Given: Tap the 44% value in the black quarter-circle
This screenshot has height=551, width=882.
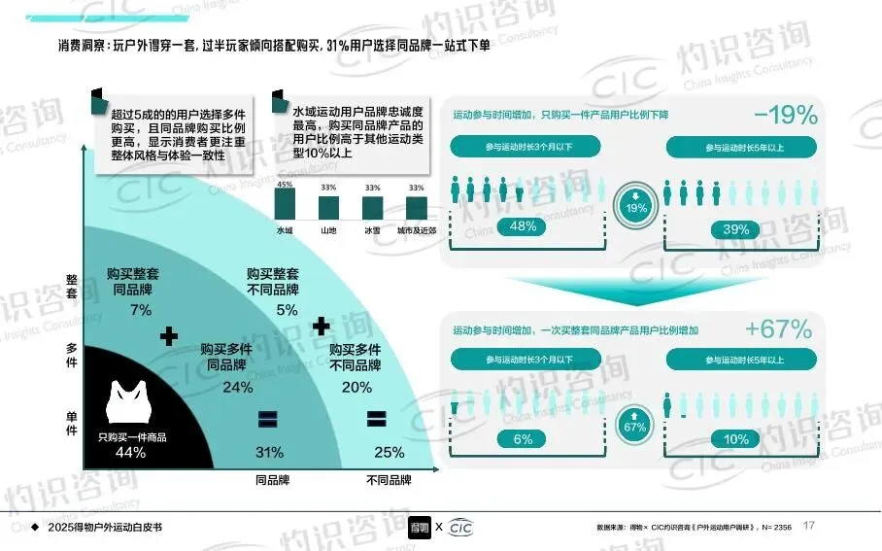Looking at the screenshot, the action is click(x=130, y=452).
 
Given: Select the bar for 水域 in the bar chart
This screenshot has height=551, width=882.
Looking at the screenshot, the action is click(x=285, y=204).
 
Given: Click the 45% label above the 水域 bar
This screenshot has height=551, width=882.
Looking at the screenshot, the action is click(x=285, y=185).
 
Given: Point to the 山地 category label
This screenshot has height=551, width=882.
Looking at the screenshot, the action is click(x=328, y=230).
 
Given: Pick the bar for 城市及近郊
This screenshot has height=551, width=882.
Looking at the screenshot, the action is click(x=416, y=208).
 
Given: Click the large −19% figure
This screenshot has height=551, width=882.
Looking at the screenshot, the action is click(x=786, y=116).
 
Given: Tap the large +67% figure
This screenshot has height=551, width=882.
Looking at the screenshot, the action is click(x=779, y=329).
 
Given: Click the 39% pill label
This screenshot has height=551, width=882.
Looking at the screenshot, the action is click(x=736, y=229).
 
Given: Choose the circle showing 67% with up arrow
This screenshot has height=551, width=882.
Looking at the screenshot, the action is click(x=634, y=421).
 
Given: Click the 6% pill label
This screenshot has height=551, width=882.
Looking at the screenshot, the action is click(x=523, y=439).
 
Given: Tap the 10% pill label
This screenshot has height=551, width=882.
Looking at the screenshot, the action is click(x=736, y=439).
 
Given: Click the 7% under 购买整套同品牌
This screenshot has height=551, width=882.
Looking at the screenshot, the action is click(x=140, y=310).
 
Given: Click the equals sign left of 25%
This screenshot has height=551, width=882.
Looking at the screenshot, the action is click(x=375, y=419).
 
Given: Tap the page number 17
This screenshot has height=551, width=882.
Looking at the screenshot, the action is click(x=808, y=526).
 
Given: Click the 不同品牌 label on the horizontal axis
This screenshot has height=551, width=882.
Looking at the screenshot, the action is click(x=389, y=480).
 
